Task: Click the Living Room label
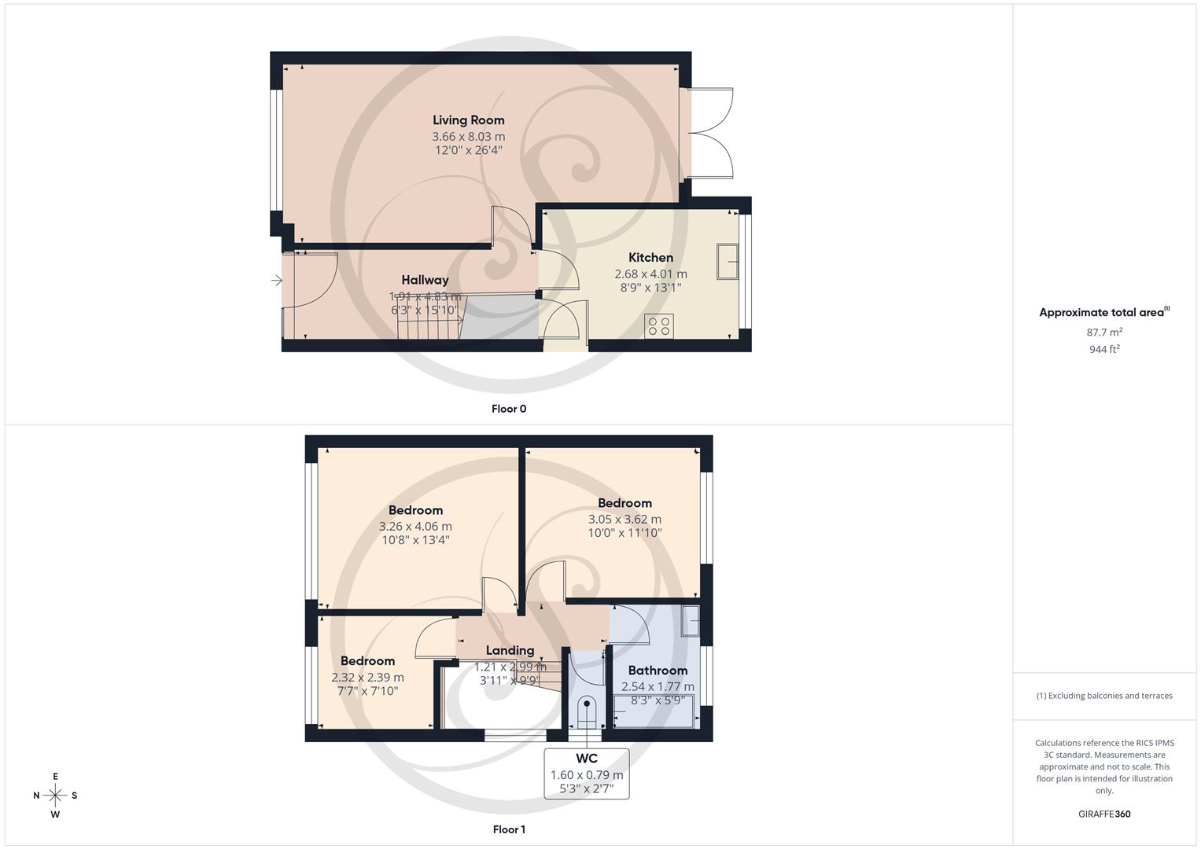click(x=468, y=120)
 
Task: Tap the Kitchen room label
click(x=650, y=258)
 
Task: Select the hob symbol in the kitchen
click(x=658, y=325)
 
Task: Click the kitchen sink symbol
click(x=728, y=262)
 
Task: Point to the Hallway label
click(x=425, y=280)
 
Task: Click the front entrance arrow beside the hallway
click(x=276, y=281)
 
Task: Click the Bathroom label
click(x=658, y=671)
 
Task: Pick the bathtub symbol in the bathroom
click(x=654, y=717)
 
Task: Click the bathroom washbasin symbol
click(x=690, y=620)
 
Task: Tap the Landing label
click(x=510, y=651)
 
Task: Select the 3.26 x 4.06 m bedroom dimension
click(x=415, y=527)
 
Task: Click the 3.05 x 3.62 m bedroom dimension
click(x=624, y=520)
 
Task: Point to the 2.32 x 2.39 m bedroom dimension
click(x=367, y=678)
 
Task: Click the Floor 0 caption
click(x=509, y=409)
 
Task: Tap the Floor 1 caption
click(x=509, y=829)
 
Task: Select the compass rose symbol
click(x=55, y=796)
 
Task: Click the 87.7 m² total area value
click(x=1104, y=332)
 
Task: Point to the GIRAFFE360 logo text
click(x=1104, y=814)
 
